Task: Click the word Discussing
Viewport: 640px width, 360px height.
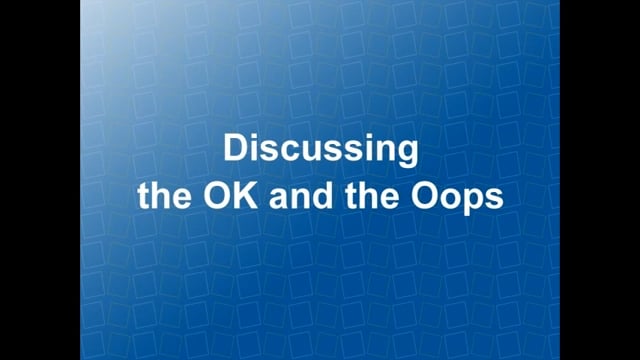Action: pos(320,151)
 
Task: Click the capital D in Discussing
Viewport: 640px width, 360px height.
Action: pos(234,150)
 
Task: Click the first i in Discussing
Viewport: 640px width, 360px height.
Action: pos(254,150)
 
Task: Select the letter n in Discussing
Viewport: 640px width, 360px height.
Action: pos(386,152)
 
